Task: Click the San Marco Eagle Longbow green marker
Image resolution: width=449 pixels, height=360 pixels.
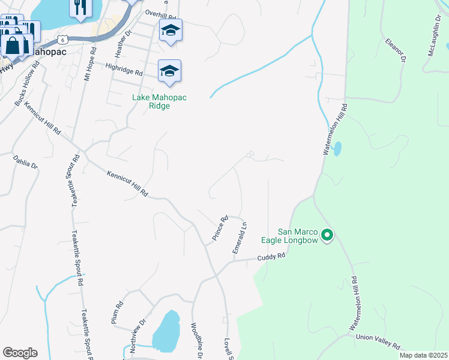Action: (327, 235)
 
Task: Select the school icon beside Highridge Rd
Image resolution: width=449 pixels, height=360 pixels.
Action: (169, 71)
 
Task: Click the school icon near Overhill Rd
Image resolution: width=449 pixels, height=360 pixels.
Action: (170, 31)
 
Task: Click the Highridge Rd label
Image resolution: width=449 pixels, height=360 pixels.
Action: (124, 71)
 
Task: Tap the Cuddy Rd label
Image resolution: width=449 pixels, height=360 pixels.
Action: (271, 256)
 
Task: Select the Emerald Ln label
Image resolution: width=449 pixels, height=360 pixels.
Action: (240, 238)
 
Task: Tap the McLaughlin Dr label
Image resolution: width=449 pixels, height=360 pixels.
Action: (435, 37)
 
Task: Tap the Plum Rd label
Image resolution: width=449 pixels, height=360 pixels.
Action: (118, 313)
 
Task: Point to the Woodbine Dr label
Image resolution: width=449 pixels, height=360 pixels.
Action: (196, 343)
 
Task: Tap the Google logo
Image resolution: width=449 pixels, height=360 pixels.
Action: (20, 353)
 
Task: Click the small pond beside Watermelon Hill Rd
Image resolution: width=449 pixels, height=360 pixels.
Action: (337, 148)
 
